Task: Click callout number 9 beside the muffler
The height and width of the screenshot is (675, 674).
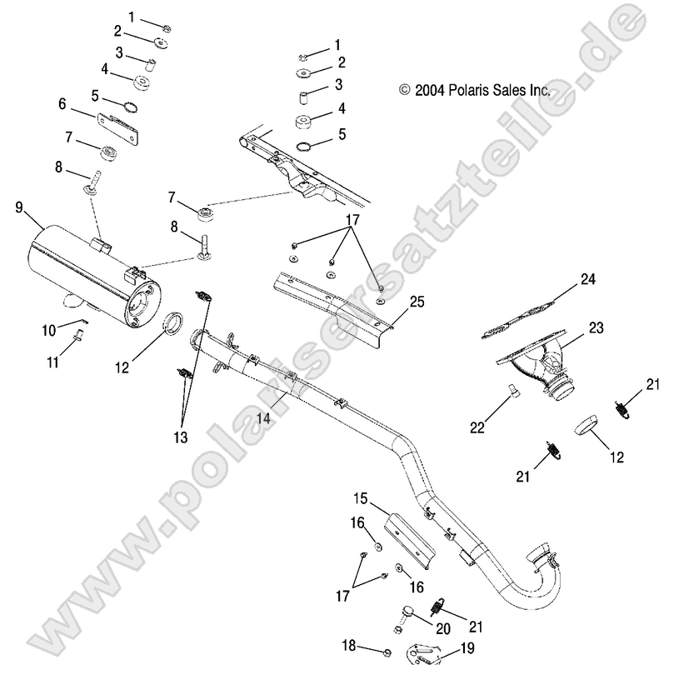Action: pos(19,207)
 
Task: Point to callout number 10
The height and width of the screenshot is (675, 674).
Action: pos(50,330)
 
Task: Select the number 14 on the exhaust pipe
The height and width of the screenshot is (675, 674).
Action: pos(264,420)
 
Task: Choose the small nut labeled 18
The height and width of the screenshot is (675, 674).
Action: pos(389,651)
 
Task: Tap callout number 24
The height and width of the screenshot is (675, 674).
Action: pos(588,280)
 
